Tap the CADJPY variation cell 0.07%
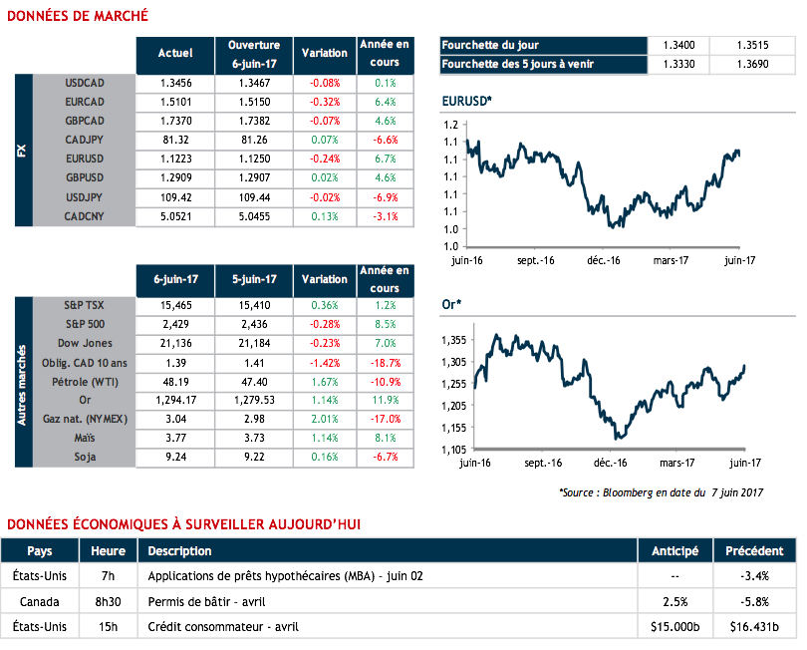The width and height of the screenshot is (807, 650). (x=324, y=141)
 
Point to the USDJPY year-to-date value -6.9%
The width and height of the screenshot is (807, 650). (x=385, y=197)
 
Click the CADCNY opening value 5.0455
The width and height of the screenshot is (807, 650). (x=254, y=216)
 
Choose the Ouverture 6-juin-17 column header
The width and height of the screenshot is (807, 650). (x=254, y=53)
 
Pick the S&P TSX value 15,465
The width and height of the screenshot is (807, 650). (x=175, y=305)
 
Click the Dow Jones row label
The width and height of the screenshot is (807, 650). (x=84, y=343)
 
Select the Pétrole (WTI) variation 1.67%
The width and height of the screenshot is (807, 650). (x=324, y=381)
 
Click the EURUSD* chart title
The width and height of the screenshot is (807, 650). (x=466, y=103)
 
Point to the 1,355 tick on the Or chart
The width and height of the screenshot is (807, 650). (x=454, y=340)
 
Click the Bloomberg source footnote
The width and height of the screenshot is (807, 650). (x=660, y=492)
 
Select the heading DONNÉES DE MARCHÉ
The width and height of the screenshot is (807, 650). (x=78, y=15)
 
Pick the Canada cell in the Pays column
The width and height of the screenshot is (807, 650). (x=40, y=601)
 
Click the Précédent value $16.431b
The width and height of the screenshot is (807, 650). (x=754, y=627)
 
